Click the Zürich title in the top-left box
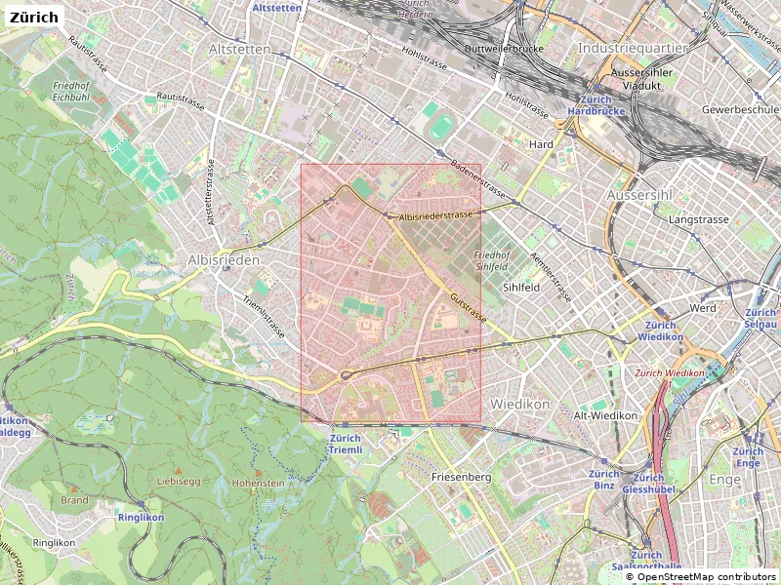(x=35, y=17)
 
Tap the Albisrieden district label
(x=225, y=260)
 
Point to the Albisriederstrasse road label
(x=436, y=214)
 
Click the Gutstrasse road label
(x=469, y=306)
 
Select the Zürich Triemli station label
(x=346, y=445)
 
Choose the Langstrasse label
(x=698, y=220)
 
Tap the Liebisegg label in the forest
(x=178, y=482)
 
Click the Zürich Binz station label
(x=604, y=479)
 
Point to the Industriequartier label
(x=633, y=47)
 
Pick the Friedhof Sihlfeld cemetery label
(x=492, y=260)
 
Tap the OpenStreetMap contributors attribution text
(x=701, y=578)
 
